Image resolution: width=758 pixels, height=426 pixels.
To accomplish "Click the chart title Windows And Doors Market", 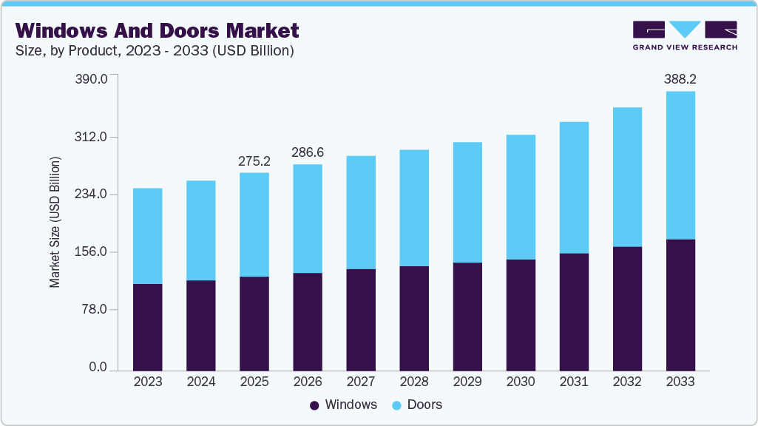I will pos(157,30).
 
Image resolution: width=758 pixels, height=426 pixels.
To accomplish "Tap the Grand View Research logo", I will pos(685,35).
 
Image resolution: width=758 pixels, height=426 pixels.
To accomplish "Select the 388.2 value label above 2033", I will pos(680,78).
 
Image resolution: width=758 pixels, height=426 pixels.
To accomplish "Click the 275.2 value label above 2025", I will pos(254,160).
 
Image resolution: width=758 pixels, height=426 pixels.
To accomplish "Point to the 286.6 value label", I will pos(307,152).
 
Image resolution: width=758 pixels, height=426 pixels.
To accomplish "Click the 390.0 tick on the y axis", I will pos(92,79).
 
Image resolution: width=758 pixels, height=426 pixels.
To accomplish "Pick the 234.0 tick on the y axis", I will pos(92,195).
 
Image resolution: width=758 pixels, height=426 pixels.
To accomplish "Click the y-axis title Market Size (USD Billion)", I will pos(55,222).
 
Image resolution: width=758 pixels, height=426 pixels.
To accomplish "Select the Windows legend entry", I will pos(343,405).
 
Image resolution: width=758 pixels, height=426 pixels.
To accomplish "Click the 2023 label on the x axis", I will pos(147,382).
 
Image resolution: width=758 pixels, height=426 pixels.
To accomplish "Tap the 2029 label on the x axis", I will pos(467,382).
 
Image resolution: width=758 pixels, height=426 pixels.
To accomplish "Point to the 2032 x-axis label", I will pos(626,382).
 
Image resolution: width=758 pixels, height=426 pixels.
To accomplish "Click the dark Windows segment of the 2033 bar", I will pos(680,304).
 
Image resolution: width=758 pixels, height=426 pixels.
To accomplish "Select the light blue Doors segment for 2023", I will pos(147,236).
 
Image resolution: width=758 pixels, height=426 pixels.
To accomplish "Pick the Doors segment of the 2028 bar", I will pos(413,208).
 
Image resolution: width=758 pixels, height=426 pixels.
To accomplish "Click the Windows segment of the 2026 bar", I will pos(307,321).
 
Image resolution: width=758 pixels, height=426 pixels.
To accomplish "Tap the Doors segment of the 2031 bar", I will pos(573,188).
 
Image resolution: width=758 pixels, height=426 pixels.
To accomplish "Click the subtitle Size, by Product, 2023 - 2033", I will pos(155,51).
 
